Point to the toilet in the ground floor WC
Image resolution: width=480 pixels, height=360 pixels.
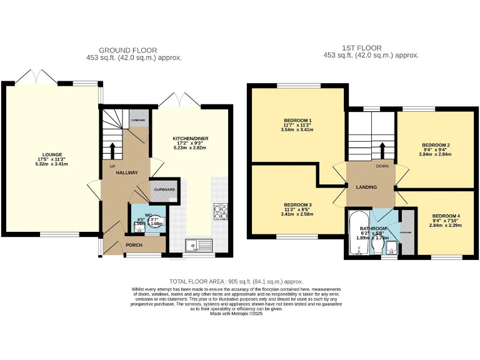pos(152,221)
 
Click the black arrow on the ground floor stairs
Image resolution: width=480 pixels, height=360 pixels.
pos(113,151)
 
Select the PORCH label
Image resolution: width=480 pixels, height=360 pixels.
pos(134,245)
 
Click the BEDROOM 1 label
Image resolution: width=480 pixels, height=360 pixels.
pos(297,120)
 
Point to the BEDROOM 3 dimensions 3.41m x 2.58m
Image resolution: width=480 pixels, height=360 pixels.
pos(297,214)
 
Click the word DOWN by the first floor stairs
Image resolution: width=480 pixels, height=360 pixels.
pos(383,167)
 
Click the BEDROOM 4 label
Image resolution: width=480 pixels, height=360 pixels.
pos(446,215)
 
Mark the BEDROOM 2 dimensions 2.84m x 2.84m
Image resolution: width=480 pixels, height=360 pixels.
pos(436,155)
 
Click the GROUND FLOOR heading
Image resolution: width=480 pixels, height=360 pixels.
pos(128,51)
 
